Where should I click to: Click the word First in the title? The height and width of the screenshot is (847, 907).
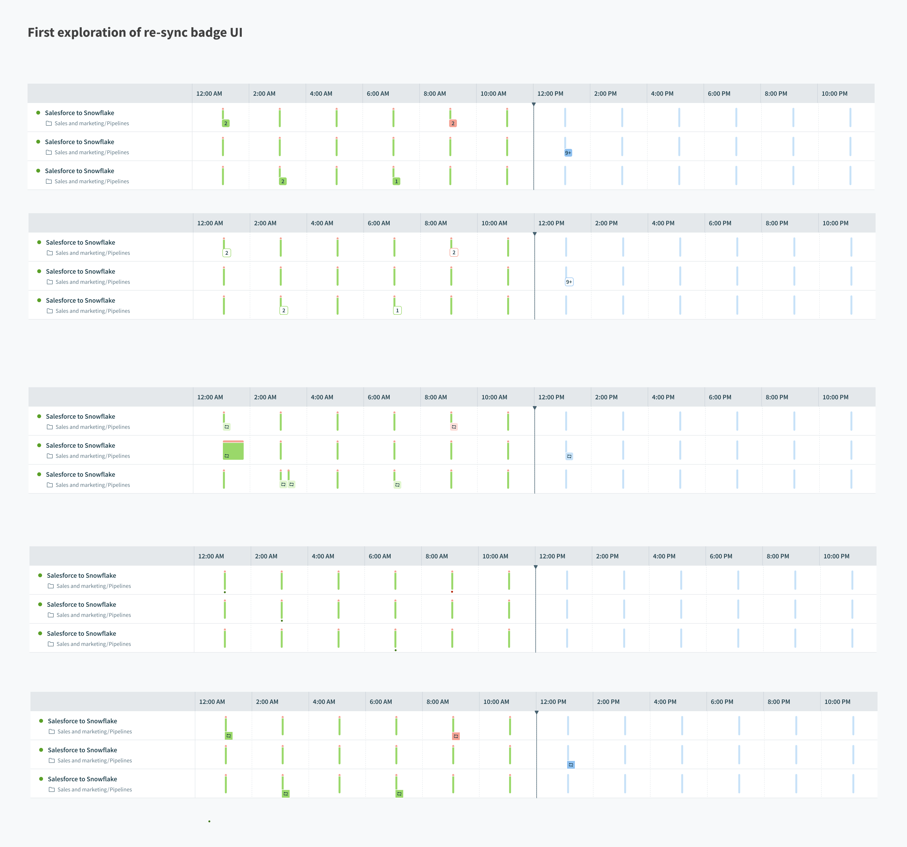click(41, 32)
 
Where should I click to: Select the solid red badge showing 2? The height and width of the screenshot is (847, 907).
click(453, 123)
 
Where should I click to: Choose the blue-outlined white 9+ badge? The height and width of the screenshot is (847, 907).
click(569, 282)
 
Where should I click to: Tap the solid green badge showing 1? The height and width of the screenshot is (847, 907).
click(396, 181)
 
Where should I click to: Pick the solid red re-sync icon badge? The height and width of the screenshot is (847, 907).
click(456, 736)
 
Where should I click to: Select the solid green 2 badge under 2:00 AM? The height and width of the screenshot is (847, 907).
click(283, 181)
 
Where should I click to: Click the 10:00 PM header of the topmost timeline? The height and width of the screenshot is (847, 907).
click(834, 94)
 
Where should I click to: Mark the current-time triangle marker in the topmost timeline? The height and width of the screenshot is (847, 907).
click(534, 104)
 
